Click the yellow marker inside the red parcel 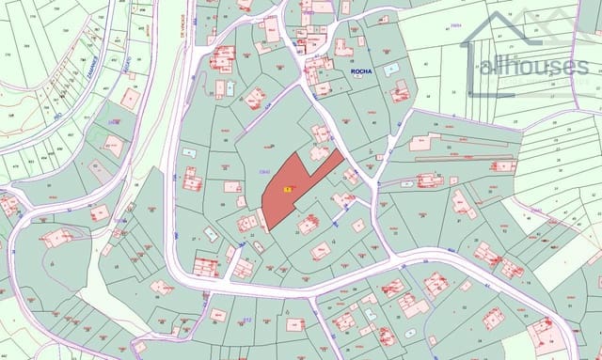point(287,189)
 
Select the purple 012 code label point(247,320)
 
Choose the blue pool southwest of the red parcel point(211,233)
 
